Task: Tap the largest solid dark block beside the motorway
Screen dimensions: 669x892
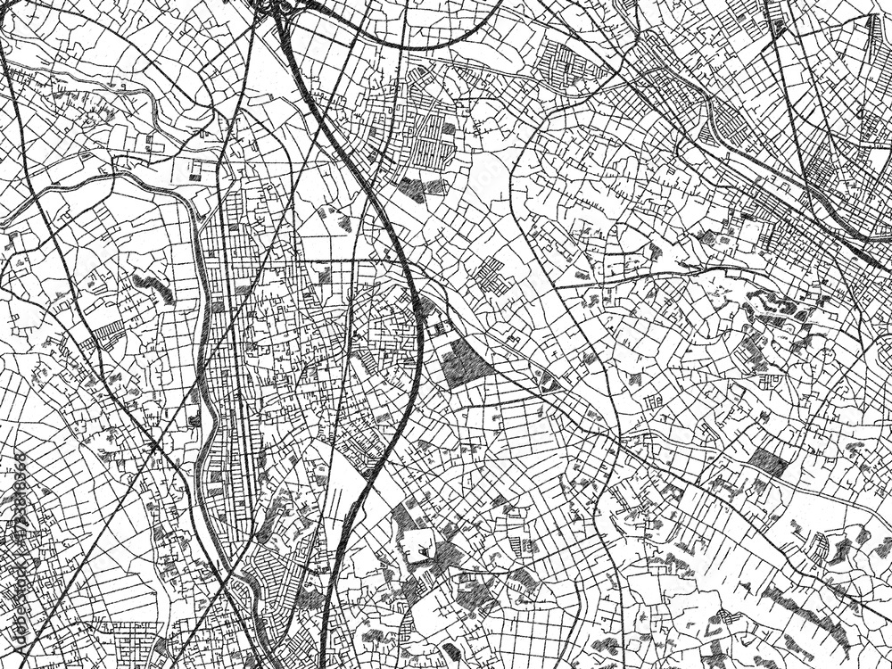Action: pyautogui.click(x=461, y=361)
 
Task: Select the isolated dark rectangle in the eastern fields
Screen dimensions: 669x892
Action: pyautogui.click(x=767, y=463)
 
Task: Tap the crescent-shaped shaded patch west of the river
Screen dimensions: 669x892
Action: pyautogui.click(x=152, y=287)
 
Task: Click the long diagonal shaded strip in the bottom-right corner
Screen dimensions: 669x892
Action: pyautogui.click(x=803, y=615)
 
